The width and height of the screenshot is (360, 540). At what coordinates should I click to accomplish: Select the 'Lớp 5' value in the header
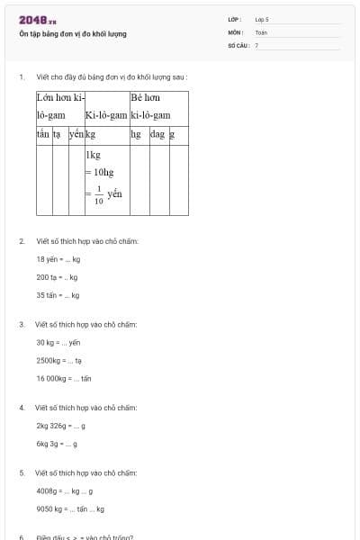tap(262, 19)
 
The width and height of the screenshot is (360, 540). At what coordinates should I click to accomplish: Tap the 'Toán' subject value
tap(261, 31)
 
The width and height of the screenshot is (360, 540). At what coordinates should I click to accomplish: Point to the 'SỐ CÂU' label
tap(238, 44)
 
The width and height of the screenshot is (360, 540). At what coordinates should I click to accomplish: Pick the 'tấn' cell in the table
tap(42, 134)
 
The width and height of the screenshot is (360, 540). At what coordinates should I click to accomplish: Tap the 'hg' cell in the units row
tap(136, 134)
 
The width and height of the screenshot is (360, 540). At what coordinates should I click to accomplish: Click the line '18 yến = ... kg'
tap(58, 259)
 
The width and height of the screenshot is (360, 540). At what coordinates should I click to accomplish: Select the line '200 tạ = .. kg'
tap(57, 277)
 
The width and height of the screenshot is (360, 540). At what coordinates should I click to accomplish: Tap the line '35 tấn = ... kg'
tap(58, 295)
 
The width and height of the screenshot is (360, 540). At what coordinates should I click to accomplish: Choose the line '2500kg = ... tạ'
tap(59, 360)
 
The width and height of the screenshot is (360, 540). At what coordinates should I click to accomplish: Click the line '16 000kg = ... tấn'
tap(64, 378)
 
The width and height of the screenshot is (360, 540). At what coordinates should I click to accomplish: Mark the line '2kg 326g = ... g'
tap(61, 426)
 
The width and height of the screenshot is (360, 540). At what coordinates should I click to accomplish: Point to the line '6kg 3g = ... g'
tap(57, 444)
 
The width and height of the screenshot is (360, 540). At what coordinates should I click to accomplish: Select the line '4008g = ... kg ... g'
tap(65, 490)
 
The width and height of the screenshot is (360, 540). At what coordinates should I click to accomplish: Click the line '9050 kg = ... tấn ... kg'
tap(70, 508)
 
